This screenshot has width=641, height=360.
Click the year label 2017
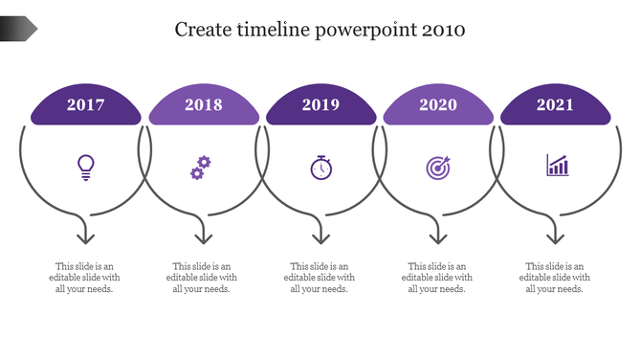click(x=86, y=105)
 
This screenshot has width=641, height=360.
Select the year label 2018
click(x=204, y=105)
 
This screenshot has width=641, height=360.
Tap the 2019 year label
click(x=320, y=105)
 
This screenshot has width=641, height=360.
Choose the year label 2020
click(x=438, y=105)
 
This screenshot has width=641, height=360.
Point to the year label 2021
click(x=556, y=105)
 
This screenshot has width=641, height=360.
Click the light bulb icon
click(x=86, y=168)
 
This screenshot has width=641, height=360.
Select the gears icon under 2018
click(x=200, y=168)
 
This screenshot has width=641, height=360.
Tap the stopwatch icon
click(x=320, y=168)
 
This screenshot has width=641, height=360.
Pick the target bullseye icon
click(x=438, y=168)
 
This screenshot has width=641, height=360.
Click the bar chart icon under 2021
click(x=557, y=167)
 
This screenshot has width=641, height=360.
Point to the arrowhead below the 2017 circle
click(x=86, y=236)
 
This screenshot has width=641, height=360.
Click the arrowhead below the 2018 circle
click(x=203, y=236)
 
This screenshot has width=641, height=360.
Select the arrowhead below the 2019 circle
click(x=320, y=236)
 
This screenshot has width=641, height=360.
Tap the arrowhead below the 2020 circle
click(x=438, y=236)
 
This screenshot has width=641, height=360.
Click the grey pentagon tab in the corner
click(x=18, y=30)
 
